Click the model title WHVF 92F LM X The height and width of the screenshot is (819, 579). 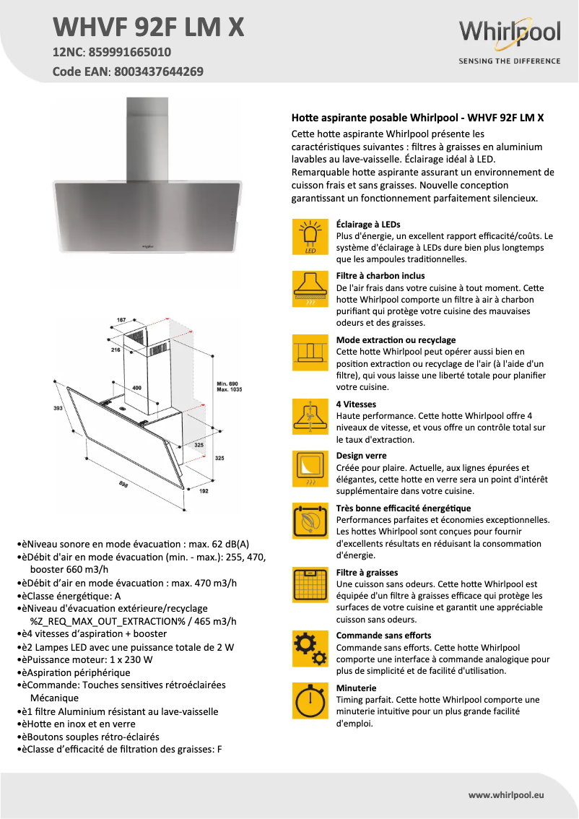coord(149,27)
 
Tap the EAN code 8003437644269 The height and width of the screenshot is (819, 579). coord(157,71)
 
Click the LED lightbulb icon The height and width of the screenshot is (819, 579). coord(310,236)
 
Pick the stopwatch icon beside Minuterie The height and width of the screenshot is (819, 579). coord(310,700)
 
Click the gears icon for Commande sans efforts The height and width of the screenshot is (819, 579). coord(310,649)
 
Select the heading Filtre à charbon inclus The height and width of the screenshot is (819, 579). coord(380,276)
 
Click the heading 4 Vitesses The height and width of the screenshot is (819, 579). coord(356,404)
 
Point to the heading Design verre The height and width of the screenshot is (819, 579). coord(361,456)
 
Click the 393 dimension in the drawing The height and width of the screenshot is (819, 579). coord(58,409)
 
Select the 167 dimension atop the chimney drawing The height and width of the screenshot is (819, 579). coord(121,320)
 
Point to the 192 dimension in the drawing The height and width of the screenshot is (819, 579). coord(203,490)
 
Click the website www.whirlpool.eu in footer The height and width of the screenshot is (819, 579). coord(505,794)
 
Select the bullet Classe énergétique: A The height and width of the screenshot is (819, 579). coord(71,596)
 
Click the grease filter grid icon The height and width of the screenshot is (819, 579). coord(310,585)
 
